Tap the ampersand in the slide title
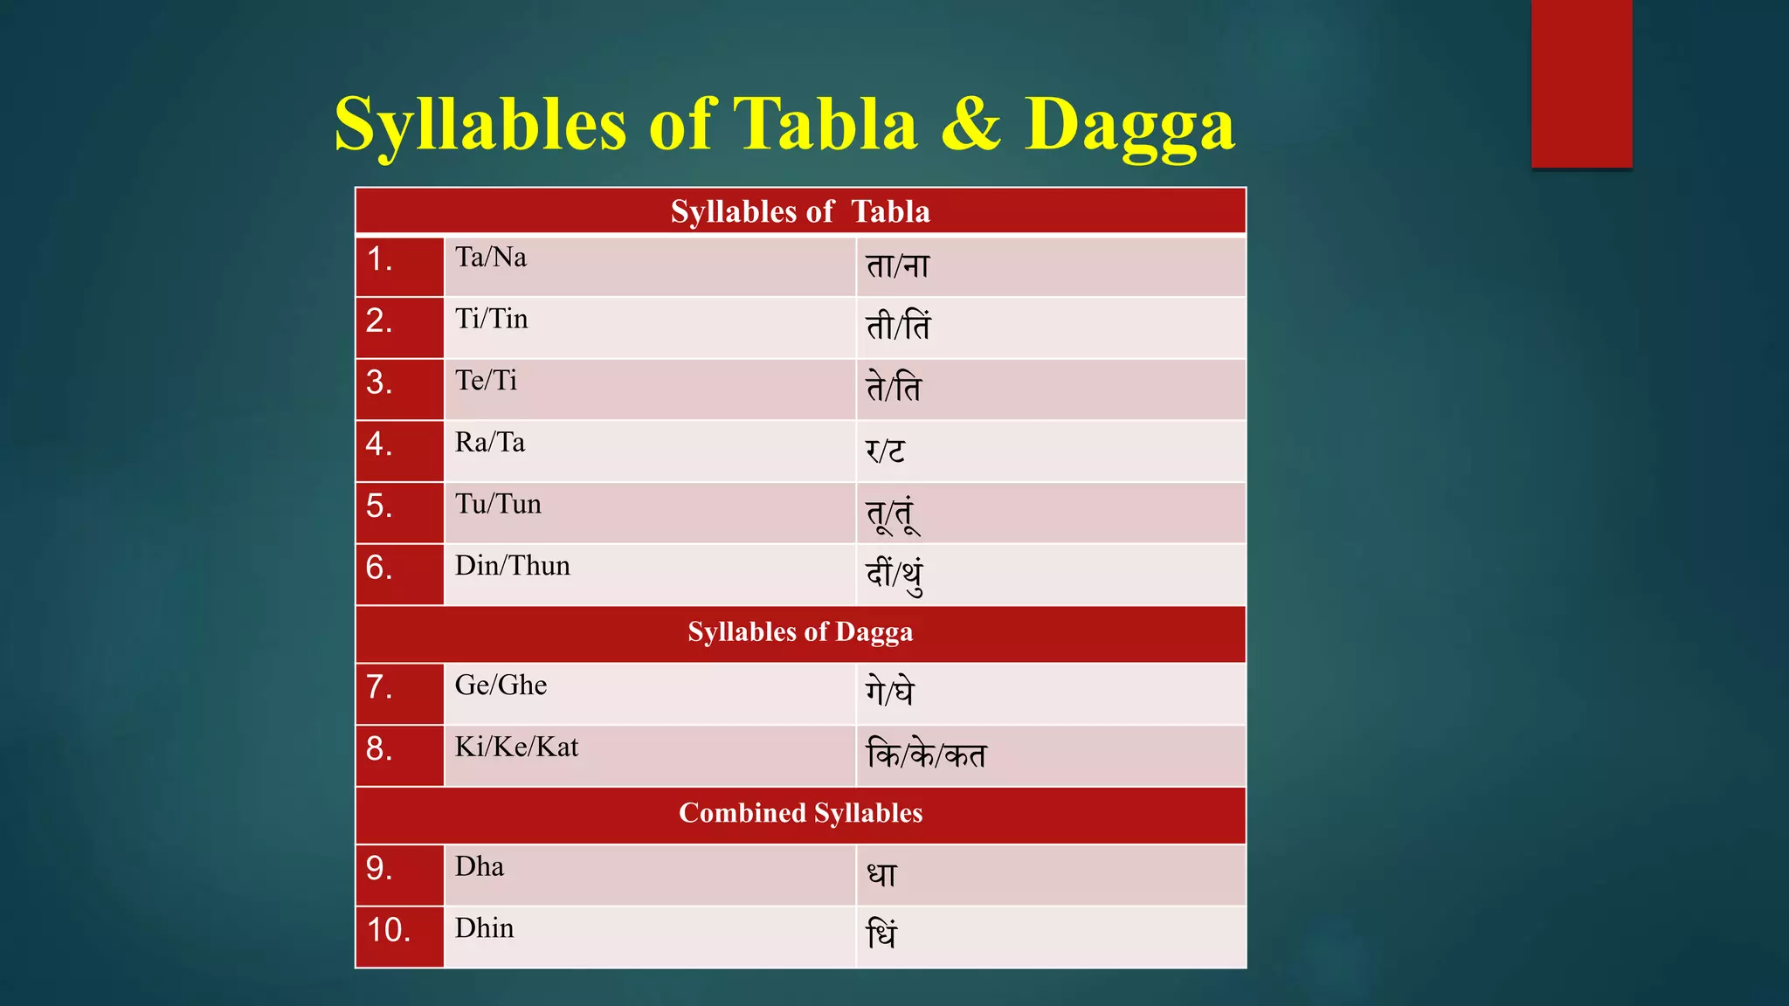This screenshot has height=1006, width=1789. click(x=970, y=125)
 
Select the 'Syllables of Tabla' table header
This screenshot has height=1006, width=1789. click(x=800, y=211)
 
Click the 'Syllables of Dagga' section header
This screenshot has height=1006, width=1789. click(x=800, y=632)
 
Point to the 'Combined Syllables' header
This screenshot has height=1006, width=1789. click(x=800, y=813)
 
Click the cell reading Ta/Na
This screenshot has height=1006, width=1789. click(x=491, y=258)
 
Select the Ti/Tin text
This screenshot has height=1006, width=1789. click(x=492, y=319)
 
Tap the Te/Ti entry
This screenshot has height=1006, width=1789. click(x=486, y=381)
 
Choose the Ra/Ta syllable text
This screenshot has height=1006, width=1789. click(x=490, y=443)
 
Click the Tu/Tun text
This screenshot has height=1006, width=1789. click(x=498, y=504)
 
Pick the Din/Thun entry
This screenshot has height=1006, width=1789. click(x=513, y=566)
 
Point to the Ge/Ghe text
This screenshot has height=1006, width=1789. click(x=501, y=686)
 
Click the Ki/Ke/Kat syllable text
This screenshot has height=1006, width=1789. click(x=517, y=748)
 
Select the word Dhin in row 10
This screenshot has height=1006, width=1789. click(x=485, y=928)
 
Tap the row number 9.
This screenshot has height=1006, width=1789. click(x=379, y=868)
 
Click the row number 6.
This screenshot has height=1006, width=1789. click(x=379, y=568)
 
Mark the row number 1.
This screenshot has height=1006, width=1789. click(x=379, y=259)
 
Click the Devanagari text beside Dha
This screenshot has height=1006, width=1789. click(x=881, y=874)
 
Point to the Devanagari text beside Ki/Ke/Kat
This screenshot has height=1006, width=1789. click(x=926, y=754)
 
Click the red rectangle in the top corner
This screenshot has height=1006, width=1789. click(x=1581, y=83)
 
